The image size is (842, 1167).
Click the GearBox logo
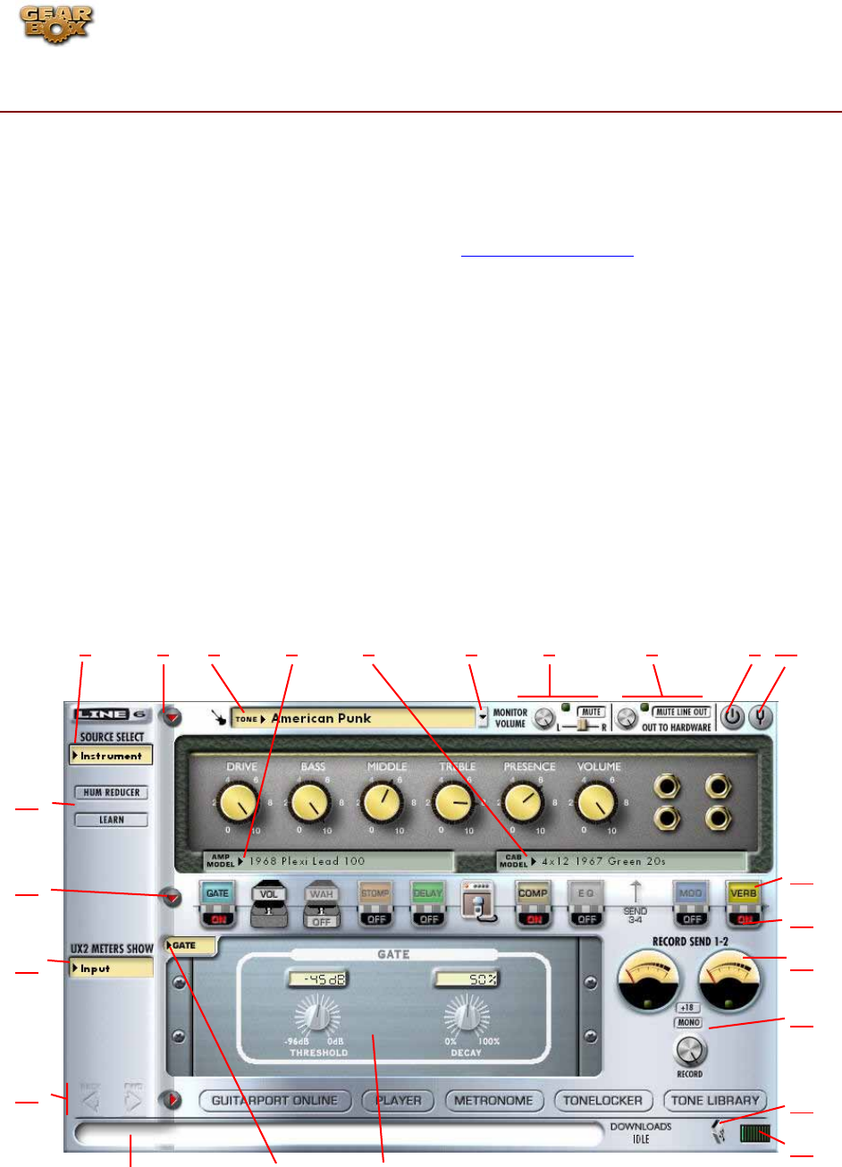57,24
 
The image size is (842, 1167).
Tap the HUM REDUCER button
112,792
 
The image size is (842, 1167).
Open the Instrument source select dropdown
112,756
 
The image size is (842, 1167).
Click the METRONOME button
493,1101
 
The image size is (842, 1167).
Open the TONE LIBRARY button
715,1101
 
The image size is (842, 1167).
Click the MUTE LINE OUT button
683,712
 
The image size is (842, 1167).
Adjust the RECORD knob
691,1051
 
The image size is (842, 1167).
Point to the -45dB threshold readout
317,979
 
